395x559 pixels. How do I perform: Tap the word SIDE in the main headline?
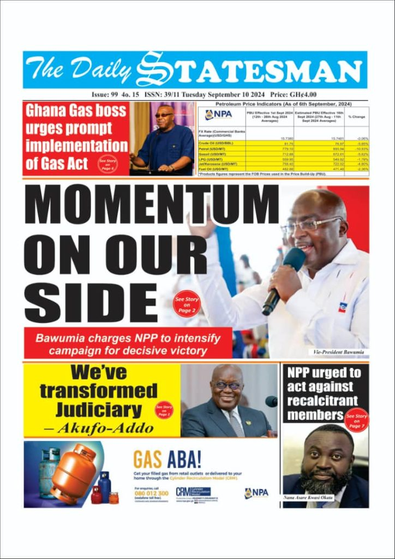click(x=91, y=302)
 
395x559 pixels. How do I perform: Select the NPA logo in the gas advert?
click(x=256, y=492)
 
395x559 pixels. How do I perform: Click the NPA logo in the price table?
click(x=218, y=115)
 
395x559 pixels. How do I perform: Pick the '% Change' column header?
click(x=357, y=117)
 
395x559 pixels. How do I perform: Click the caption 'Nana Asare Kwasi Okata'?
click(x=309, y=497)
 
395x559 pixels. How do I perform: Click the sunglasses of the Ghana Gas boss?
click(x=163, y=115)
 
